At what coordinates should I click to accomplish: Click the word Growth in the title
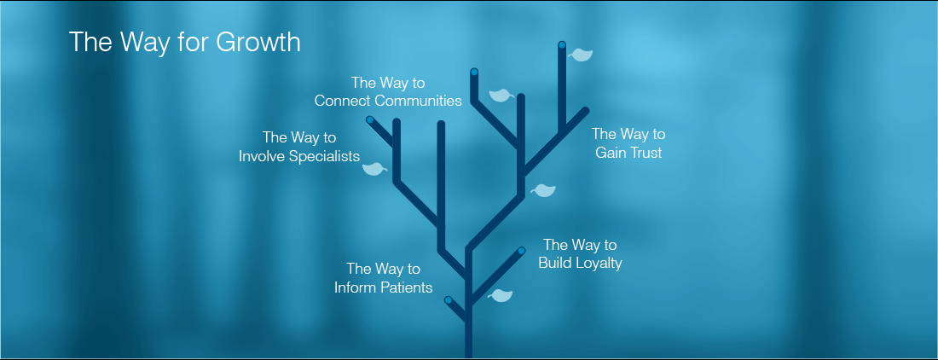[258, 43]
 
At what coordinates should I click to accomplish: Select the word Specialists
[325, 157]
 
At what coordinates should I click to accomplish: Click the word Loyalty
[600, 263]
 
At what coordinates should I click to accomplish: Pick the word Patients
[408, 287]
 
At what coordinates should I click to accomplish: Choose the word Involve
[262, 157]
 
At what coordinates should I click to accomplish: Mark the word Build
[556, 263]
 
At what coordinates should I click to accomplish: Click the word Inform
[356, 287]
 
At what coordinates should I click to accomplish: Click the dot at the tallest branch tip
[562, 45]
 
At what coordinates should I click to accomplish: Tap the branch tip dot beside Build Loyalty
[521, 251]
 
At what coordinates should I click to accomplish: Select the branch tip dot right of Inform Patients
[448, 300]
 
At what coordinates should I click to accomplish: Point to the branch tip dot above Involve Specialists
[370, 120]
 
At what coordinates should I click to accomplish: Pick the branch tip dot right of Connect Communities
[474, 73]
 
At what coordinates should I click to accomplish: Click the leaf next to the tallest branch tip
[581, 55]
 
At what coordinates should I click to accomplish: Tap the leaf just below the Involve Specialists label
[374, 169]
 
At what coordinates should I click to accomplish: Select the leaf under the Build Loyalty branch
[500, 295]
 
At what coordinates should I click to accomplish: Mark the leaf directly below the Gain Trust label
[543, 190]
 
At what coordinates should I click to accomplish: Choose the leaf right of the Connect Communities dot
[501, 95]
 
